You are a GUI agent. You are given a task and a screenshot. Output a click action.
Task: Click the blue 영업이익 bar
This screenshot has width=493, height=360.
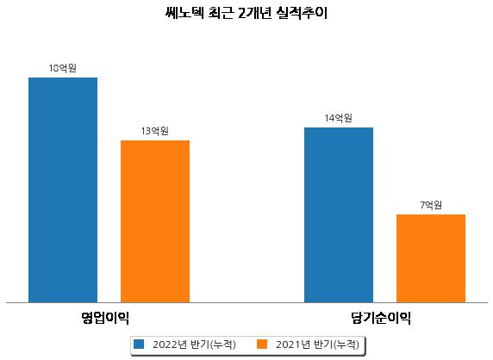tap(63, 190)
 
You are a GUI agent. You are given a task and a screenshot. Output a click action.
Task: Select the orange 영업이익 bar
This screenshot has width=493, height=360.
tap(155, 221)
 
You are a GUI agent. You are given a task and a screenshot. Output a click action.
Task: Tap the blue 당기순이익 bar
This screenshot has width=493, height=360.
tap(339, 215)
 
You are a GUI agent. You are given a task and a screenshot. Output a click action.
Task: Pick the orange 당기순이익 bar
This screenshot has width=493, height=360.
tap(431, 258)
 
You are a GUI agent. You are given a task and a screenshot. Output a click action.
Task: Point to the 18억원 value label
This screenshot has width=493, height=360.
tap(63, 68)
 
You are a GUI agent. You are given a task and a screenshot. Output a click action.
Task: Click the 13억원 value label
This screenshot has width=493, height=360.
tap(154, 131)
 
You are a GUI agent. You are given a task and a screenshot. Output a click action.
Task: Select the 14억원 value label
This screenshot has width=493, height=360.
tap(339, 118)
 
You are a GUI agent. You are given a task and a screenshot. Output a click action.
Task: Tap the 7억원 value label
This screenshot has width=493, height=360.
tap(431, 205)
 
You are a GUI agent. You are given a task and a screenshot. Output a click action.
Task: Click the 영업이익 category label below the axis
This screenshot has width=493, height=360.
tap(105, 318)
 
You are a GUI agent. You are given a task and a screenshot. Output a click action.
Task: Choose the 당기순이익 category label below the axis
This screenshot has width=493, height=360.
tap(381, 318)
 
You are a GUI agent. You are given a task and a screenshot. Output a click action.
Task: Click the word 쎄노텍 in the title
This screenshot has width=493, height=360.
tap(184, 13)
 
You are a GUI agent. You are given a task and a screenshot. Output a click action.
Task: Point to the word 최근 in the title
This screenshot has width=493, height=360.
tap(221, 13)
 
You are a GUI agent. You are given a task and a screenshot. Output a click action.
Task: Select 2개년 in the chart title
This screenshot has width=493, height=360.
tap(254, 13)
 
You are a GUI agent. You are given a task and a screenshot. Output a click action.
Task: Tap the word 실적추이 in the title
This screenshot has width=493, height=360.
tap(302, 13)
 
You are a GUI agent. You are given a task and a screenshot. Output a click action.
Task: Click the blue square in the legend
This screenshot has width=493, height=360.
tap(139, 344)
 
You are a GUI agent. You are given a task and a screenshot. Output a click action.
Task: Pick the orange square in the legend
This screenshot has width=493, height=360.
tap(262, 344)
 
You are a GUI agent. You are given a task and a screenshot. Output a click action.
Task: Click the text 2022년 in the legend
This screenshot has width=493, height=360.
tap(170, 344)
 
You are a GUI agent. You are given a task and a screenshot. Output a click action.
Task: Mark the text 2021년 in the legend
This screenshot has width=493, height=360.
tap(293, 344)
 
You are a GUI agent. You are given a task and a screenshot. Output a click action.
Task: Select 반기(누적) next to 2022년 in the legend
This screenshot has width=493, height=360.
tap(213, 344)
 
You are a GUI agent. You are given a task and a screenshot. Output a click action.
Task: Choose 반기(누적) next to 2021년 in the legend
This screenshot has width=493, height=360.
tap(336, 344)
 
